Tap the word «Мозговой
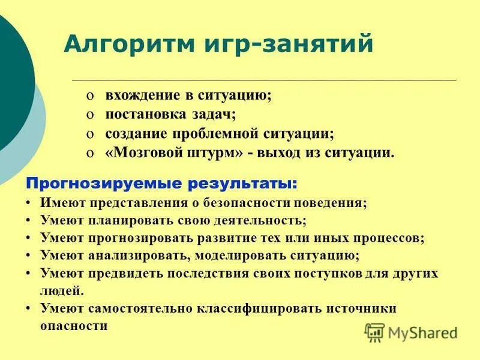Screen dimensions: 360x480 click(142, 152)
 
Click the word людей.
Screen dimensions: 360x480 click(62, 291)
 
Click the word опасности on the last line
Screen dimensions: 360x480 click(74, 326)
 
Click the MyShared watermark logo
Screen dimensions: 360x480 click(411, 332)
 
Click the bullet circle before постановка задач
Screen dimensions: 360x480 click(89, 115)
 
